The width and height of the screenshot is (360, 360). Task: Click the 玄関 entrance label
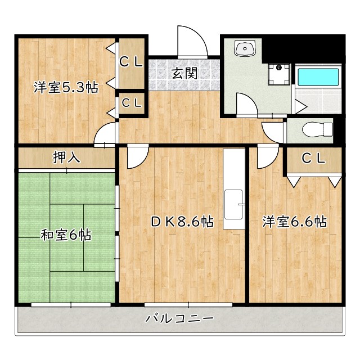tap(183, 73)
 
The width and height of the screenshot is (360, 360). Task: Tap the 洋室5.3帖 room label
tap(66, 88)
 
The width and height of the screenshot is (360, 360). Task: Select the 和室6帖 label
tap(66, 235)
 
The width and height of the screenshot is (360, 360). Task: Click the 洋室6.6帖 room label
tap(294, 222)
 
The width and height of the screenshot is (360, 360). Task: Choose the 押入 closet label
tap(66, 157)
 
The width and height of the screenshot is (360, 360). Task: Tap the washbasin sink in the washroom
tap(246, 49)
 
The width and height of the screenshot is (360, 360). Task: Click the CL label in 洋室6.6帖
tap(313, 159)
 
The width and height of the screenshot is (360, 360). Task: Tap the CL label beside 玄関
tap(132, 62)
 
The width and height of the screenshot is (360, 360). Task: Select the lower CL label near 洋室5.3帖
tap(132, 103)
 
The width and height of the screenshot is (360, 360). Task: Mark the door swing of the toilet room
tap(273, 130)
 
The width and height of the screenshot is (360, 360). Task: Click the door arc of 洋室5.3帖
tap(105, 135)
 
